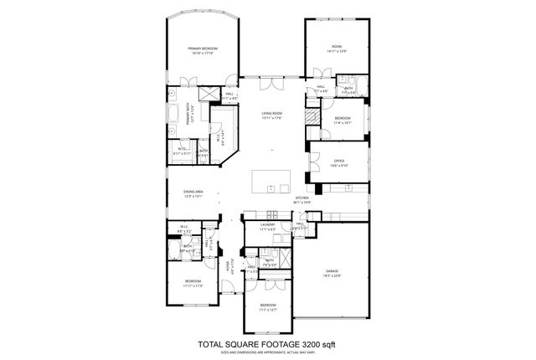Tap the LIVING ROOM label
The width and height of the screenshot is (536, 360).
[x=271, y=113]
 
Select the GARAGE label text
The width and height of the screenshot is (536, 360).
[x=332, y=270]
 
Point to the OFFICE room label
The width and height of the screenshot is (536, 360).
[x=339, y=161]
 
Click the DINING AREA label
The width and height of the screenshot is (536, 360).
[x=194, y=193]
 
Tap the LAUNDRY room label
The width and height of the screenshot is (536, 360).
[x=268, y=224]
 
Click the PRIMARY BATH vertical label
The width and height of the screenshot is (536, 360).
[x=189, y=114]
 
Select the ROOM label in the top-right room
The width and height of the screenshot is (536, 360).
[x=337, y=46]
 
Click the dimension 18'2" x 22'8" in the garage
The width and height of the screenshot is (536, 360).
[x=332, y=275]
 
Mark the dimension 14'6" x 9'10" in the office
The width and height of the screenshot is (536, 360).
[x=339, y=166]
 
